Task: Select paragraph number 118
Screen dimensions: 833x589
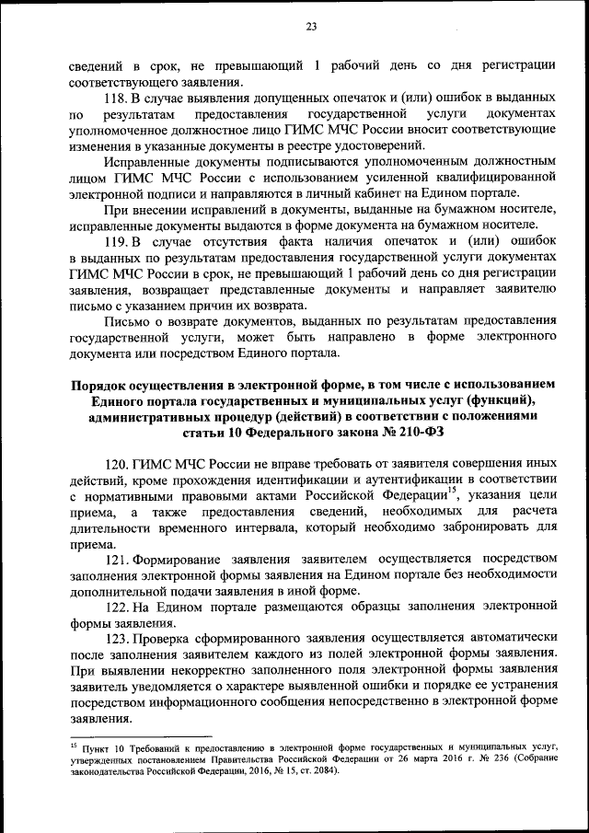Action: pyautogui.click(x=120, y=97)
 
